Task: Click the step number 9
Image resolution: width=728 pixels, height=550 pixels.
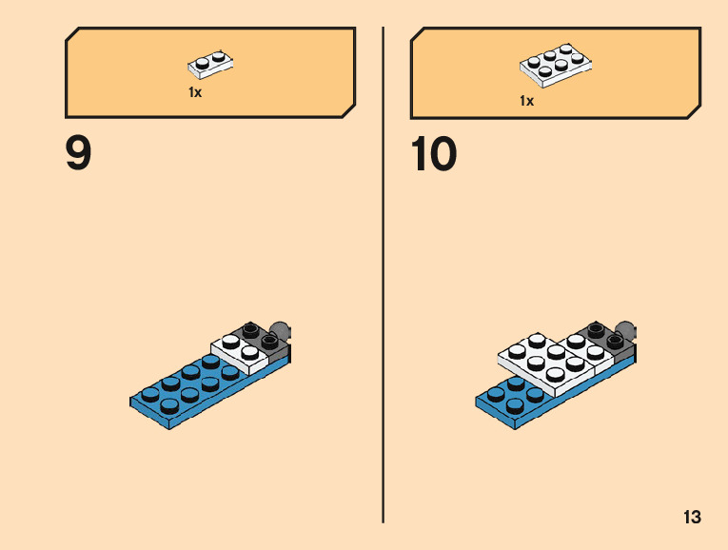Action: [x=79, y=154]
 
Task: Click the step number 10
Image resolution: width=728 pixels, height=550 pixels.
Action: [x=434, y=154]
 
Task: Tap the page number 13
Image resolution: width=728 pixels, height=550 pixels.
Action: [x=692, y=518]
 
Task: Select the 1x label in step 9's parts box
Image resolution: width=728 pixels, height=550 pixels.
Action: [x=195, y=93]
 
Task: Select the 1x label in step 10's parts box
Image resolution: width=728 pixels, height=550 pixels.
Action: [x=526, y=100]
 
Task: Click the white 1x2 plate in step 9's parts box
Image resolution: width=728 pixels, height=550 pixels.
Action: [x=211, y=64]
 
